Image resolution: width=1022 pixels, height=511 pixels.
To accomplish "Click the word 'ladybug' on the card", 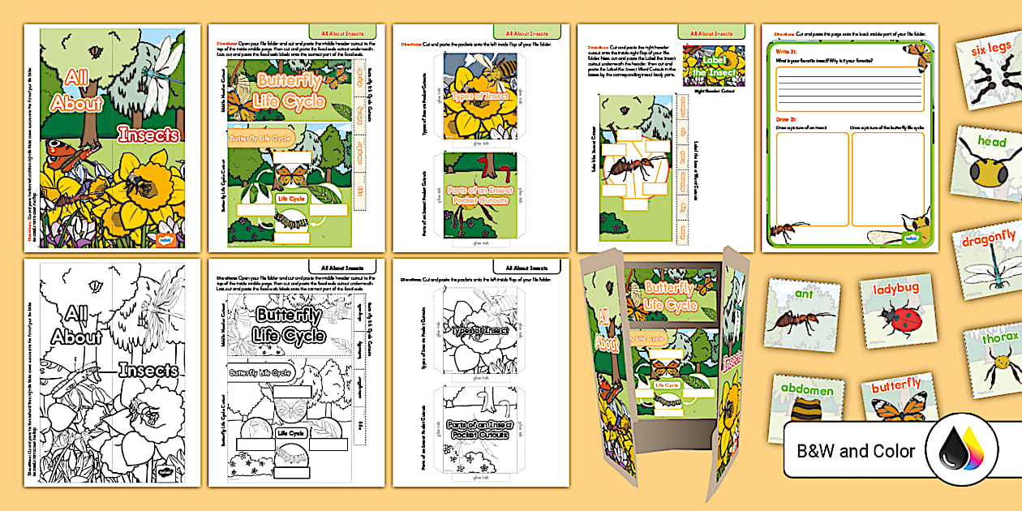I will (895, 288).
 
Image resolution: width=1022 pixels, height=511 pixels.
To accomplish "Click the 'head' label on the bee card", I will (991, 142).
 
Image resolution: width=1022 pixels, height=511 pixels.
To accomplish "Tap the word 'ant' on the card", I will (803, 294).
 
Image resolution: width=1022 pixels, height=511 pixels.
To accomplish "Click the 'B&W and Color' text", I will (856, 452).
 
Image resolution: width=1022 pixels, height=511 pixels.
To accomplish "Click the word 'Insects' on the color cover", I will (148, 135).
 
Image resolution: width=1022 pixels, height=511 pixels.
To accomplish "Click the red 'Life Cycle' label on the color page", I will (290, 199).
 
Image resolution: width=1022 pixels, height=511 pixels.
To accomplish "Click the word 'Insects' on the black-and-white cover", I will (148, 371).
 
